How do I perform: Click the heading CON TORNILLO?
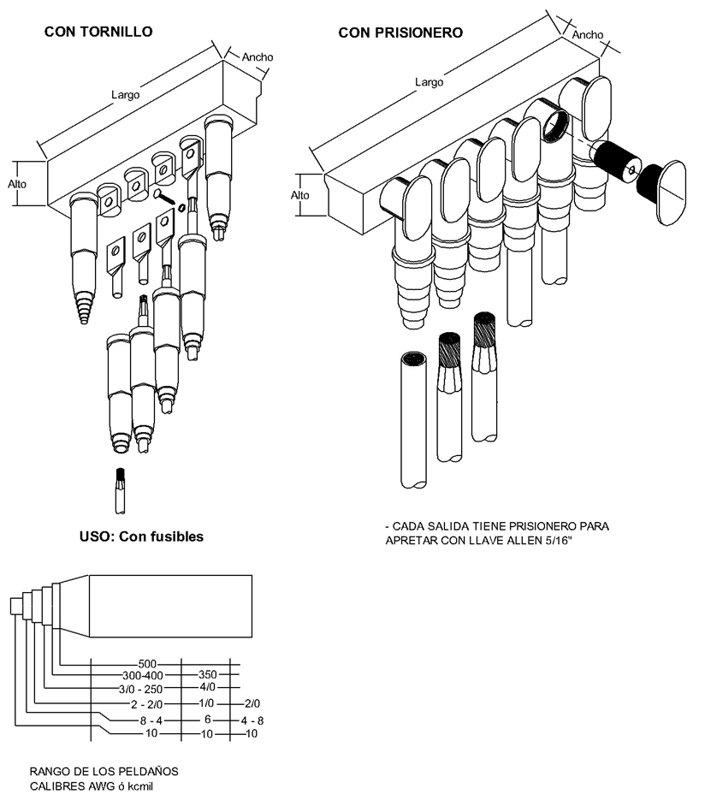tap(98, 32)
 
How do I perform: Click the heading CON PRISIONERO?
tap(400, 33)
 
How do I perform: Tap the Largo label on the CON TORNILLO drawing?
tap(126, 95)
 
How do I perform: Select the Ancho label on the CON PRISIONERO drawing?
tap(588, 35)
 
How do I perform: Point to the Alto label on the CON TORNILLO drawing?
tap(17, 184)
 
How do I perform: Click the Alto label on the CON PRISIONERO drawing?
tap(300, 195)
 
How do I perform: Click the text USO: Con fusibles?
tap(141, 536)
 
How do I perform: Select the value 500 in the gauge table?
tap(147, 664)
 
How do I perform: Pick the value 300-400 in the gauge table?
tap(142, 676)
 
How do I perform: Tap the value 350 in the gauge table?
tap(207, 674)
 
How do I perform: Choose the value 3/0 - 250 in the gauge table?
tap(140, 690)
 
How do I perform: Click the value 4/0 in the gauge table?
tap(207, 687)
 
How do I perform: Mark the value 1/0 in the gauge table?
tap(206, 703)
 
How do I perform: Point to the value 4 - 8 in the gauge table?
tap(252, 720)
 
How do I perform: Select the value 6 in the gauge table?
tap(207, 720)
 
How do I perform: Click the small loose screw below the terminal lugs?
tap(166, 198)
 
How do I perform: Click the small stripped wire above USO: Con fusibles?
tap(120, 491)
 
